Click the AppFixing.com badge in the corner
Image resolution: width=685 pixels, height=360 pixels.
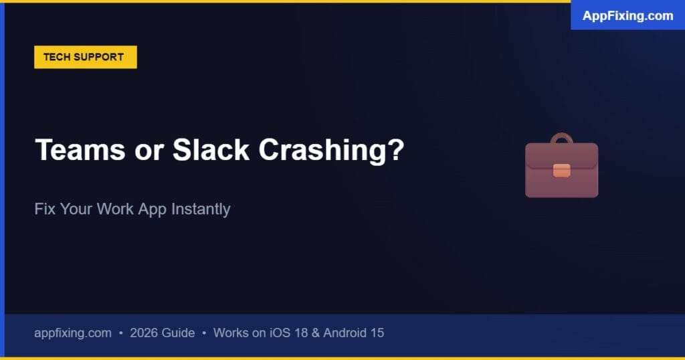[x=627, y=15]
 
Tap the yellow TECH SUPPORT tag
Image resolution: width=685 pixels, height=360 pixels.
[x=85, y=57]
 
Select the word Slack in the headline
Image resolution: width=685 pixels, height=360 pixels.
[x=211, y=150]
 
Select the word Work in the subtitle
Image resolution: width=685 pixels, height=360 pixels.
[x=115, y=209]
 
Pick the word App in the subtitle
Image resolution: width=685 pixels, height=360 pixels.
[x=153, y=209]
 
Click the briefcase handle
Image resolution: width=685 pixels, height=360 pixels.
[x=561, y=139]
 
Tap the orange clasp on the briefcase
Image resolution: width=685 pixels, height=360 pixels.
[x=561, y=170]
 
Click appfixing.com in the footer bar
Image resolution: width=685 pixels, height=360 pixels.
[x=73, y=333]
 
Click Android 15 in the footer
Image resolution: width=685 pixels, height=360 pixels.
[x=354, y=333]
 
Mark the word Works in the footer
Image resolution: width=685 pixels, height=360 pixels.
[x=231, y=333]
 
